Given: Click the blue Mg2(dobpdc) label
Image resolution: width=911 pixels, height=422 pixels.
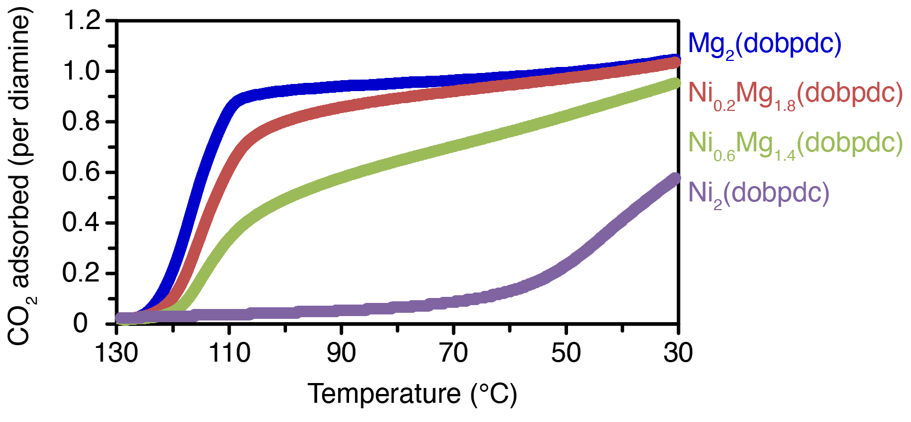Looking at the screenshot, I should pos(764,44).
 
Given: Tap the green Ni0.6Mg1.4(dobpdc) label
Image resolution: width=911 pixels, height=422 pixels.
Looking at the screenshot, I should pos(795,143).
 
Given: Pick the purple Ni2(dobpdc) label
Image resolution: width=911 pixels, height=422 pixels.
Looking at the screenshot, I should pos(758,193).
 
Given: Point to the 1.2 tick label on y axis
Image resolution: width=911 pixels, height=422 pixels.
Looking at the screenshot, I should pos(82,21).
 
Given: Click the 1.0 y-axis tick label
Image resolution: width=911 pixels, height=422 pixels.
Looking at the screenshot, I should pos(82,71).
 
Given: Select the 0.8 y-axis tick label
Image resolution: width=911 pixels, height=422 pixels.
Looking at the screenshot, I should pos(82,122).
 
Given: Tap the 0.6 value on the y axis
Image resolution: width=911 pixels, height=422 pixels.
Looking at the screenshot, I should pos(82,172).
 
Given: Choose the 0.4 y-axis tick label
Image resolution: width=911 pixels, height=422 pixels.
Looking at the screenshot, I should pos(82,223).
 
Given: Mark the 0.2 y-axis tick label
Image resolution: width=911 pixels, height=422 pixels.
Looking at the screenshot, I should pos(82,273).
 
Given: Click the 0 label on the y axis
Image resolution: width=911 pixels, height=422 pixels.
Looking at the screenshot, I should pos(81,323).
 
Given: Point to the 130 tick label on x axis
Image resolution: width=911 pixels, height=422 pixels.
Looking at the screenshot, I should pos(116,353).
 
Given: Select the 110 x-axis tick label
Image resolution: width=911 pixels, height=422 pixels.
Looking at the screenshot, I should pos(229,353).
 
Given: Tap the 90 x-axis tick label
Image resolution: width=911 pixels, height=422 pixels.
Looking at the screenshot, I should pos(341,353).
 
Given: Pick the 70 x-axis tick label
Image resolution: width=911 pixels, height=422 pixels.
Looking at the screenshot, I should pos(454,353).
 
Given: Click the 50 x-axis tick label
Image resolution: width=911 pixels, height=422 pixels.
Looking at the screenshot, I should pos(566,353).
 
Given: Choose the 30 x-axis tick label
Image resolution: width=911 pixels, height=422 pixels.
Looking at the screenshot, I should pos(678,353).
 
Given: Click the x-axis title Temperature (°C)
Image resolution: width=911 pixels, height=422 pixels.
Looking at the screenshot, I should pos(412,394).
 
